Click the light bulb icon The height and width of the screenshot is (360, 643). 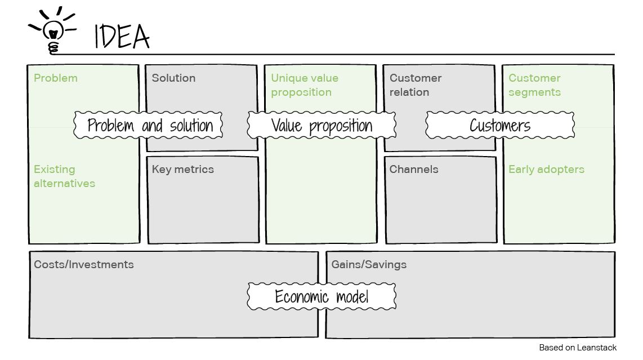53,32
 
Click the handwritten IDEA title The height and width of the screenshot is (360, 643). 122,37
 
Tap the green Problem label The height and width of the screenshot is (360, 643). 56,78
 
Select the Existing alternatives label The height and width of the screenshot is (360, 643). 64,176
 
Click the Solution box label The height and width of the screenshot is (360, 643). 173,78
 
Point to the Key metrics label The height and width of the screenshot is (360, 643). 182,170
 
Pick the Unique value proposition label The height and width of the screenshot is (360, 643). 305,85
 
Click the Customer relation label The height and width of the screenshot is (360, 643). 416,85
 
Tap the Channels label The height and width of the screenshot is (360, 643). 414,170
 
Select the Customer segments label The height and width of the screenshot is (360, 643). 535,85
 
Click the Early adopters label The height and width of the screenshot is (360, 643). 546,170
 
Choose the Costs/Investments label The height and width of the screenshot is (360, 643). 84,265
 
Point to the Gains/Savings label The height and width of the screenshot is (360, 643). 369,265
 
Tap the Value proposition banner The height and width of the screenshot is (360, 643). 321,125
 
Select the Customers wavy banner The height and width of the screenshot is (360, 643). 500,125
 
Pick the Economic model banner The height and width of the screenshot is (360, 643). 321,296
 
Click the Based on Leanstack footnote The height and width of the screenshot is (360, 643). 578,348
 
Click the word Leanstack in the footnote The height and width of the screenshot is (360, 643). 596,348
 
